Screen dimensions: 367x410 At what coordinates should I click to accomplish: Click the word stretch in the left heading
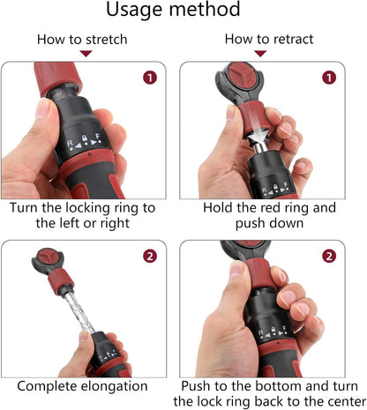107,40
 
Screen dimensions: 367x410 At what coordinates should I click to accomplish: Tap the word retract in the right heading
292,39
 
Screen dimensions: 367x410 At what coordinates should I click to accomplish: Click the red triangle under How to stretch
86,54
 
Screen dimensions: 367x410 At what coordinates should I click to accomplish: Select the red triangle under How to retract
260,54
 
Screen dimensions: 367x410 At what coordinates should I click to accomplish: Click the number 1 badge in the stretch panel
150,78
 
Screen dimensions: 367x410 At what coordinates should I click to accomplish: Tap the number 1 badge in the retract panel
329,78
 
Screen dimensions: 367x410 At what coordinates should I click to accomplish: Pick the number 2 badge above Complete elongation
150,256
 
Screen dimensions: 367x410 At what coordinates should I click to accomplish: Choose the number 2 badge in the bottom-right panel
329,256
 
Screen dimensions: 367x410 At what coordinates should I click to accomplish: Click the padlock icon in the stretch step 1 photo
85,138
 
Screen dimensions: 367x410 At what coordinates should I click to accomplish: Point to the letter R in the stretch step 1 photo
70,144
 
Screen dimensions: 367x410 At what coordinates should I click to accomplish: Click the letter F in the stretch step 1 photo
98,137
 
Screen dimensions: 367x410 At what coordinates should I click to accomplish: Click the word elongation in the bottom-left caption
114,387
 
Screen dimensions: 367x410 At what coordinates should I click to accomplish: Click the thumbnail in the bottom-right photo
236,268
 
